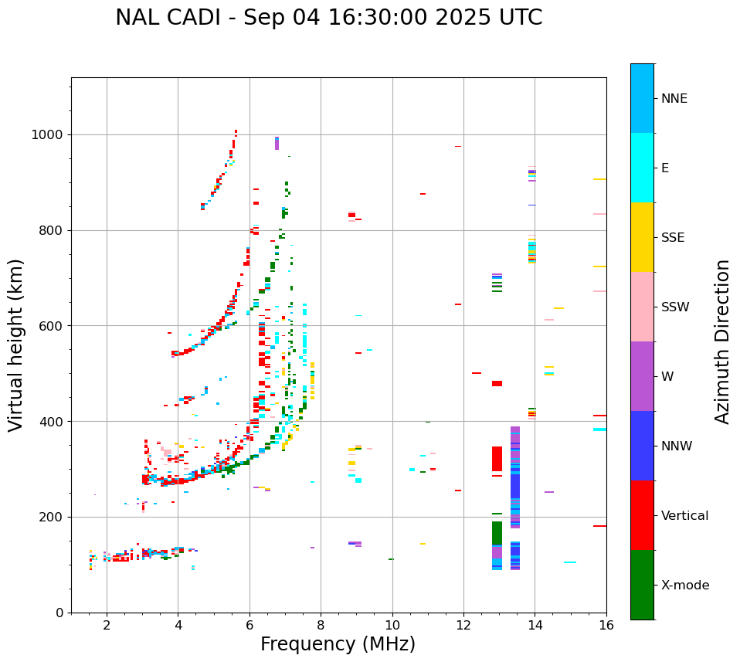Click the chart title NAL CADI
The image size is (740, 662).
pos(328,18)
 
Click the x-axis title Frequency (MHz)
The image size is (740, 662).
pos(338,644)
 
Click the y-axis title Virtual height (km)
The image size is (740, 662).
pos(16,345)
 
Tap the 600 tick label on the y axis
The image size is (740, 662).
pos(52,326)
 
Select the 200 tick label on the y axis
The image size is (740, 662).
pos(52,518)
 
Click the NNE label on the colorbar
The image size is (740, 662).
pos(674,99)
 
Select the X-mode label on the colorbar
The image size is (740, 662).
pos(684,586)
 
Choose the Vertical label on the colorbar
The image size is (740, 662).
pos(684,516)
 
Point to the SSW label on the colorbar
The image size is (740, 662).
pos(675,307)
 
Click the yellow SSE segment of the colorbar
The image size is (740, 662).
pos(642,237)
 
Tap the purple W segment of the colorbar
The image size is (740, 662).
pos(642,376)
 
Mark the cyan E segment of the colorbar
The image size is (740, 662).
pos(642,168)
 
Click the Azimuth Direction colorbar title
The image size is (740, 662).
pos(723,341)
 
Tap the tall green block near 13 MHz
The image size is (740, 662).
pos(497,533)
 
